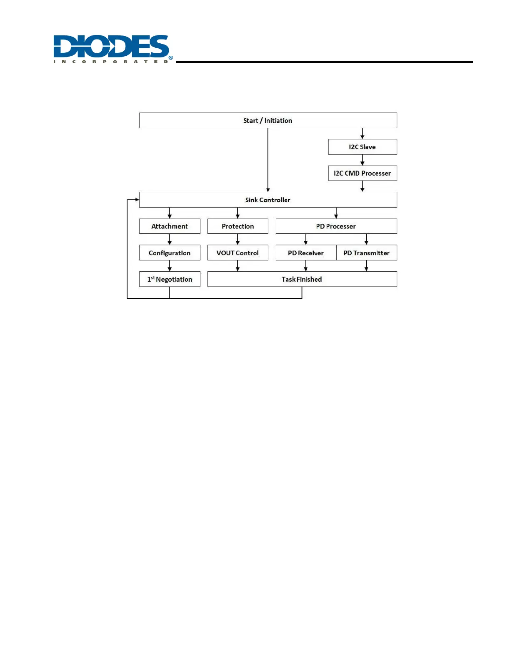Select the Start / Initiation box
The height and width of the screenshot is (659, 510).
(267, 121)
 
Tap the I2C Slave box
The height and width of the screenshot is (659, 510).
(362, 147)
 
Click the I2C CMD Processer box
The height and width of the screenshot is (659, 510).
(362, 173)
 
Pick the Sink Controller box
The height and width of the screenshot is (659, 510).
(267, 200)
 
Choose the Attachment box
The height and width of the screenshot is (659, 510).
(170, 226)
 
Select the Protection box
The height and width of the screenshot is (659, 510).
(237, 226)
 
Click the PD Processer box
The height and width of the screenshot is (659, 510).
(336, 226)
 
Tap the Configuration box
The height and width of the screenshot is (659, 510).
(170, 253)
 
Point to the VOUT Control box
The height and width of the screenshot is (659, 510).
(237, 253)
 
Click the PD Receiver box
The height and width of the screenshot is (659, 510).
(306, 253)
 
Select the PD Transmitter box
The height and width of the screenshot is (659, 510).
(366, 253)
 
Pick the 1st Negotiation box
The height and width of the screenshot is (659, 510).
(170, 279)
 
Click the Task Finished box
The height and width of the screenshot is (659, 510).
(302, 279)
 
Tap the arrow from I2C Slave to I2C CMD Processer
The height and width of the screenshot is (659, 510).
(362, 160)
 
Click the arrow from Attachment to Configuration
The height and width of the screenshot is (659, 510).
(170, 239)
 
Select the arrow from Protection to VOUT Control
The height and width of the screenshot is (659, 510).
(237, 239)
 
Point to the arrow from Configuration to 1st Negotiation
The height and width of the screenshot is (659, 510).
(170, 266)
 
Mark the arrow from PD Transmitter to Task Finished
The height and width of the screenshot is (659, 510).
(366, 266)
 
